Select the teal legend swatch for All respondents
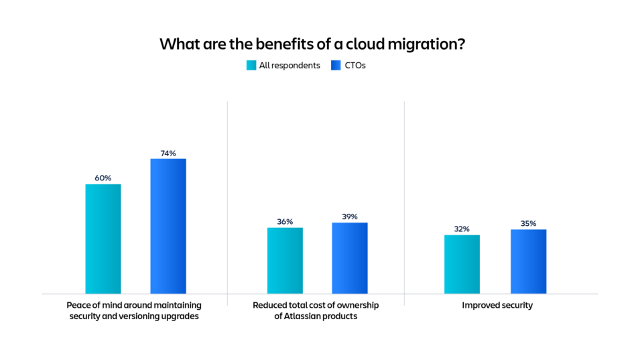251,66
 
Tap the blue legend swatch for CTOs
336,66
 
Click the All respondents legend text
290,66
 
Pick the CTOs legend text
356,66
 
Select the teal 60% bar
103,239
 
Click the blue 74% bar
168,226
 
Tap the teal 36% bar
285,260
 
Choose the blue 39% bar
350,257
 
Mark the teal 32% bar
462,264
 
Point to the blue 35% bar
528,261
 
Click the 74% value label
168,154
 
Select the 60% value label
103,178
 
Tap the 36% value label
285,222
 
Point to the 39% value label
350,217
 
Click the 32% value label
462,229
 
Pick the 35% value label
528,223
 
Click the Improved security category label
497,306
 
